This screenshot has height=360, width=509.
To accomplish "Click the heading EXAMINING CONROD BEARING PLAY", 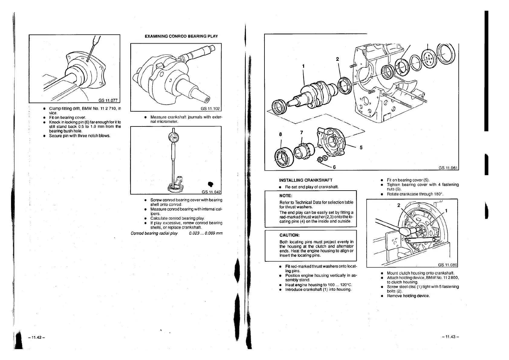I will click(x=181, y=36).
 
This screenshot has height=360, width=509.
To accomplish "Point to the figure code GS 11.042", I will click(x=211, y=192).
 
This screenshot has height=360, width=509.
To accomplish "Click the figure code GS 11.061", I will click(x=448, y=169).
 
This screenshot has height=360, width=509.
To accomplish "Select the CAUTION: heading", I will click(x=289, y=235).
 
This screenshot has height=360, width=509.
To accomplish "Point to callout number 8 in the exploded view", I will click(x=281, y=134).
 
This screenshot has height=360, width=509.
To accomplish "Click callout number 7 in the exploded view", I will click(x=301, y=132).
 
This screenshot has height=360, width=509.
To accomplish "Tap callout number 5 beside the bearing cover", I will click(x=361, y=148).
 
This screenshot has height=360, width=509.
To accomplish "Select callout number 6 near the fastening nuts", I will click(x=334, y=167).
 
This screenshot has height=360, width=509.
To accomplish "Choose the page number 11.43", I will click(x=450, y=337).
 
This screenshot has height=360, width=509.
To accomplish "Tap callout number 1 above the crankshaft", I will click(x=303, y=66).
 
